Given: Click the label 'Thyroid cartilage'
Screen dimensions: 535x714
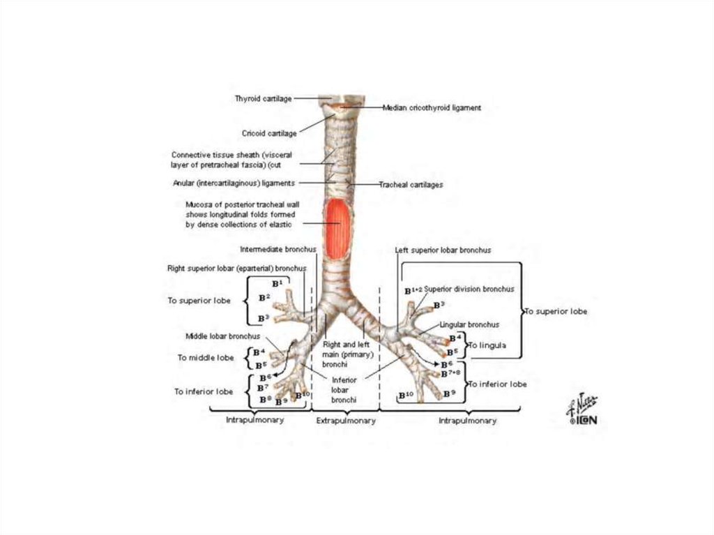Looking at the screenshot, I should (x=262, y=99).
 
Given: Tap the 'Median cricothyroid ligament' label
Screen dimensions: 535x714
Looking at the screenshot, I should (x=432, y=108).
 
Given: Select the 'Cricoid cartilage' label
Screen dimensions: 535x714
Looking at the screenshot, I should (x=269, y=133).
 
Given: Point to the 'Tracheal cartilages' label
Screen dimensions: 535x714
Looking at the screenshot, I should (x=411, y=185).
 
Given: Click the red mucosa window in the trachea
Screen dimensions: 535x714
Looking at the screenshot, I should (x=337, y=228).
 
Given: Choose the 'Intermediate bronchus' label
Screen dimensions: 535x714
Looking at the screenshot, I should (x=278, y=249).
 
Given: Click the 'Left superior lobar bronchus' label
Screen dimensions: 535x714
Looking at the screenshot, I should (x=443, y=250).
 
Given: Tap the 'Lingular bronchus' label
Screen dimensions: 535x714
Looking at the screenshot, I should (x=469, y=324).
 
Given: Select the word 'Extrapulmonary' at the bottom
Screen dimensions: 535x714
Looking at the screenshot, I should (x=346, y=421).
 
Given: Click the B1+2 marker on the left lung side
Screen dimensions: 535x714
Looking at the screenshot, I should (x=413, y=290).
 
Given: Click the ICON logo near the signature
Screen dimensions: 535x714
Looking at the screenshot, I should (x=588, y=421).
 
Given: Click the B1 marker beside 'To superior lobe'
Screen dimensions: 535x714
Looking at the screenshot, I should (x=277, y=283).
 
